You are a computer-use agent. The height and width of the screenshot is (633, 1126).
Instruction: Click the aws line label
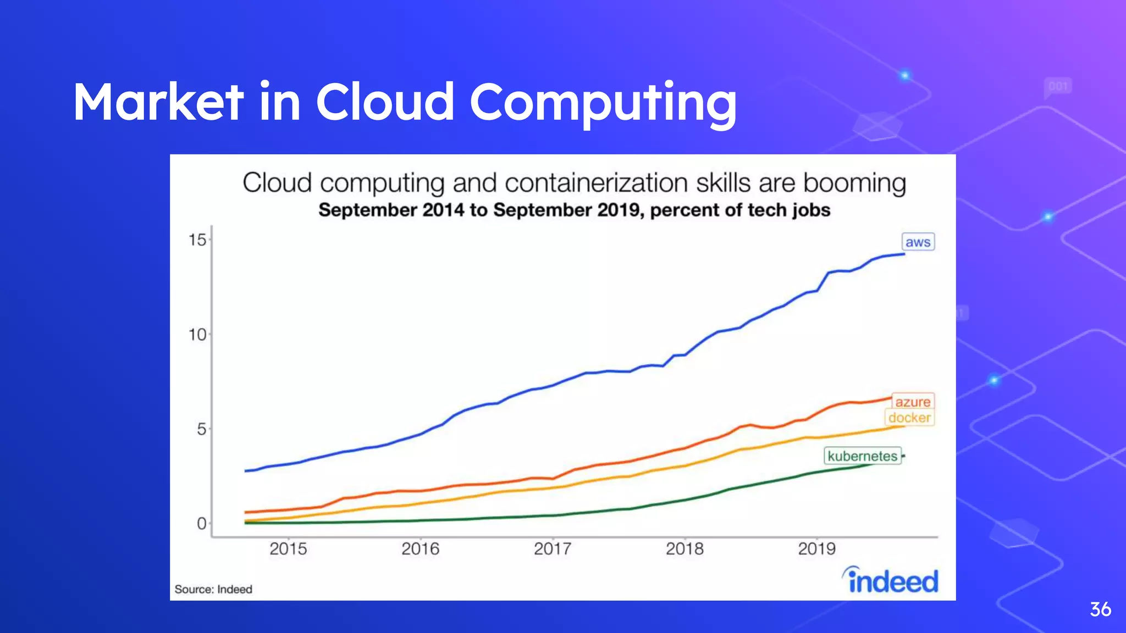tap(918, 242)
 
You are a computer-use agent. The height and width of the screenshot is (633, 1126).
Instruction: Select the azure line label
tap(913, 402)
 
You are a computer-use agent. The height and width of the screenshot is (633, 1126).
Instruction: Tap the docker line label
tap(909, 418)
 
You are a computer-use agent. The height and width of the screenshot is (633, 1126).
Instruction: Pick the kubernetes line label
tap(862, 456)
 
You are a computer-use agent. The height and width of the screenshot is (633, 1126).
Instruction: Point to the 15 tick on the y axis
tap(197, 240)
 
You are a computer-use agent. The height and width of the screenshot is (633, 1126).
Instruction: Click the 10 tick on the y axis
tap(197, 335)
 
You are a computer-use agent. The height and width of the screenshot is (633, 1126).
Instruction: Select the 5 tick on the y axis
tap(202, 429)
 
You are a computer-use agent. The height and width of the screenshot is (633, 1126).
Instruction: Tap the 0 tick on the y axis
tap(202, 523)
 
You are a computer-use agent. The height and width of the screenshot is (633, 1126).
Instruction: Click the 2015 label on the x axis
tap(288, 548)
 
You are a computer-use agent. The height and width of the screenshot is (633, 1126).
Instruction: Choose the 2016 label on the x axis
tap(421, 548)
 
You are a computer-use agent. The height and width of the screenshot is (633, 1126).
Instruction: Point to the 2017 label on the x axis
tap(553, 548)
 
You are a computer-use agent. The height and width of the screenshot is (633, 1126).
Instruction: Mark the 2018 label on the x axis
tap(685, 548)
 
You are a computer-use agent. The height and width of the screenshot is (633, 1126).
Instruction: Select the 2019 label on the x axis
tap(816, 548)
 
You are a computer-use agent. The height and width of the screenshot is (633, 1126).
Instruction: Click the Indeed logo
tap(891, 580)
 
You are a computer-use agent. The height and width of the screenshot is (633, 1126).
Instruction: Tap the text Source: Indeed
tap(213, 589)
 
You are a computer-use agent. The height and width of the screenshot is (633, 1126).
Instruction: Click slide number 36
tap(1100, 609)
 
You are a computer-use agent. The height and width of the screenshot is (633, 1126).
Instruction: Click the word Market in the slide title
tap(158, 102)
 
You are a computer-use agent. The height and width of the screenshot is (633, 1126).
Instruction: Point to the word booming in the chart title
tap(854, 183)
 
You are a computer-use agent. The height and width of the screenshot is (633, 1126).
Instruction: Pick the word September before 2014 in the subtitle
tap(368, 210)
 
